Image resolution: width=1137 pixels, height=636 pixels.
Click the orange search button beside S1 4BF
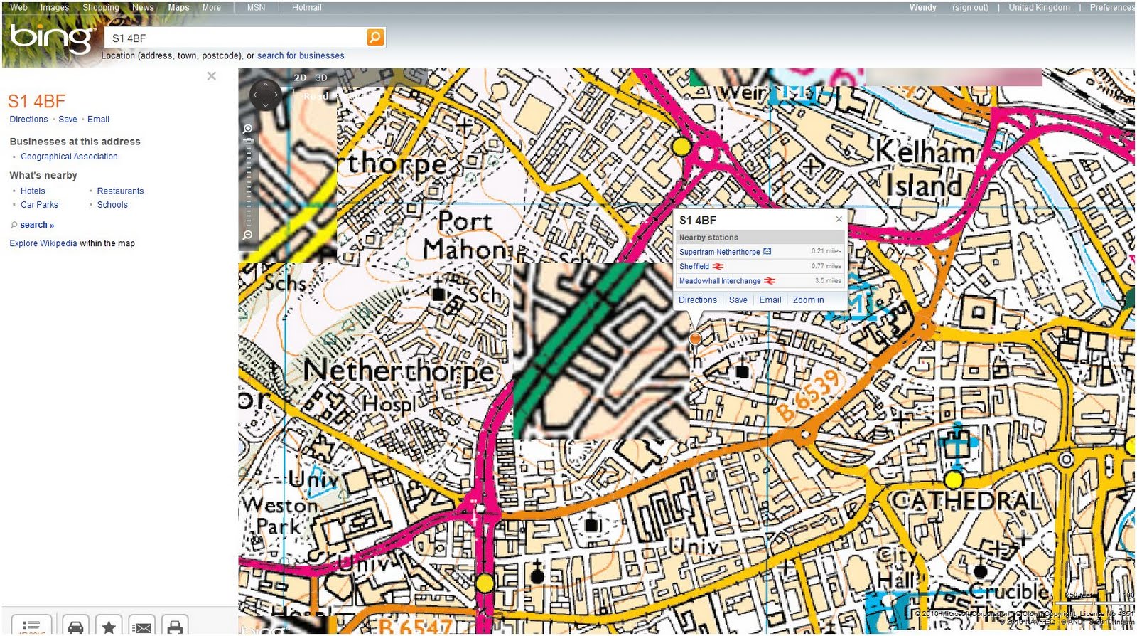click(375, 37)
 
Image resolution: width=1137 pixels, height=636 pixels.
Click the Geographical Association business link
click(69, 157)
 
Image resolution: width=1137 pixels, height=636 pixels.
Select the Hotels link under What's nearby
click(33, 191)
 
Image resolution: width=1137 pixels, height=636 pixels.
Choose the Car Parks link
click(39, 205)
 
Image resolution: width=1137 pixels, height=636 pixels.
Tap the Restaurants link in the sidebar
click(120, 191)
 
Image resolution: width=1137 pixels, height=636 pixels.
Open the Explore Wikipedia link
click(43, 243)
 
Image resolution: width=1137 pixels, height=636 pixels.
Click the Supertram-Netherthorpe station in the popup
click(719, 252)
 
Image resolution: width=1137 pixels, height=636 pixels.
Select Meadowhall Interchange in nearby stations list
click(719, 281)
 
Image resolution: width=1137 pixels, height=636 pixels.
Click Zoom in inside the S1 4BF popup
click(808, 300)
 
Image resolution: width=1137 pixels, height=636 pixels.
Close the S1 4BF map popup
click(839, 219)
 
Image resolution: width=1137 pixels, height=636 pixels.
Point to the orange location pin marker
click(695, 339)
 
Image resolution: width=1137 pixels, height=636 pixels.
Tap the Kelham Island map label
click(924, 169)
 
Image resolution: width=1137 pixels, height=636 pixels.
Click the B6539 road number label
click(809, 396)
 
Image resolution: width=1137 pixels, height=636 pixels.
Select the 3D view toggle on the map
click(321, 78)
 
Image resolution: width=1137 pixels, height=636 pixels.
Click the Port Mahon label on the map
click(465, 235)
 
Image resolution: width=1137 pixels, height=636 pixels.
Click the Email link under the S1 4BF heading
click(98, 120)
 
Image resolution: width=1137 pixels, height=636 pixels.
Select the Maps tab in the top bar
click(178, 7)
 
